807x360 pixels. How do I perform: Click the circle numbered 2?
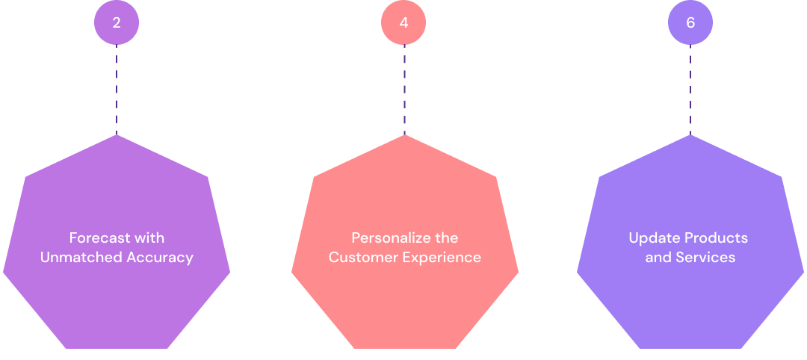coord(117,22)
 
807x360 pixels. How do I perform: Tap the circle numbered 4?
coord(403,22)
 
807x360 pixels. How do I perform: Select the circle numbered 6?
coord(690,22)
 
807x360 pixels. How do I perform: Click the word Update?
coord(652,238)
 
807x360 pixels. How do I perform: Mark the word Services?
coord(705,258)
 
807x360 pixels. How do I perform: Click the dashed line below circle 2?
coord(117,90)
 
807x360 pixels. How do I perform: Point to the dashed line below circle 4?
coord(404,90)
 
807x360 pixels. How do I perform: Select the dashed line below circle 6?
coord(690,90)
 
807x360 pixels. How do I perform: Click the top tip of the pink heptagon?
coord(404,137)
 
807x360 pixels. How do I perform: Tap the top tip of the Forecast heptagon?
coord(117,137)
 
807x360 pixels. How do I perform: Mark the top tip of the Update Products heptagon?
coord(690,137)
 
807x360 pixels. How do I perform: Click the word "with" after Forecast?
coord(149,238)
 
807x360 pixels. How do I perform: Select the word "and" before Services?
coord(658,258)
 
